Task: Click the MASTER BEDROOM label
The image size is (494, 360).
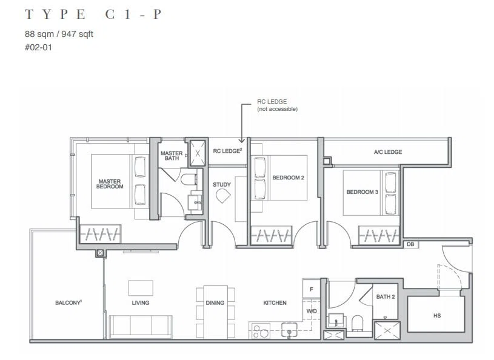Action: [x=110, y=184]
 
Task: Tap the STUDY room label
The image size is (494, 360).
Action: [x=222, y=185]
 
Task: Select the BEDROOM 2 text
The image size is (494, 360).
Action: [x=289, y=178]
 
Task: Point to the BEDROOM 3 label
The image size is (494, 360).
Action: [x=362, y=192]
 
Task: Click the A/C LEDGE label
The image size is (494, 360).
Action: [x=388, y=152]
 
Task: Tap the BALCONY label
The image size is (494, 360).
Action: [x=68, y=302]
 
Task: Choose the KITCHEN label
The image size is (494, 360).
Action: [x=275, y=302]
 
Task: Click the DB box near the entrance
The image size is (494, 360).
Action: [x=410, y=244]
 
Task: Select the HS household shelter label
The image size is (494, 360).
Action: [x=437, y=316]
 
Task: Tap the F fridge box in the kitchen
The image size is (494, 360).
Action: [x=312, y=289]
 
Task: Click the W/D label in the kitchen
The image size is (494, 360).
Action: [x=312, y=311]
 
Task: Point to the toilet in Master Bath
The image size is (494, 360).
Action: [x=189, y=180]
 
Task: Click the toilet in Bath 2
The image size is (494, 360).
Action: [x=358, y=323]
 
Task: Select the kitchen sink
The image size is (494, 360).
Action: [x=289, y=330]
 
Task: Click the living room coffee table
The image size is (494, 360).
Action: [x=141, y=288]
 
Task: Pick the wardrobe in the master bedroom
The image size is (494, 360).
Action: [x=100, y=235]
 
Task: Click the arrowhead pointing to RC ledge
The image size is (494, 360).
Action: [x=241, y=141]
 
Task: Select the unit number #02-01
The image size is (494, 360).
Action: [x=38, y=47]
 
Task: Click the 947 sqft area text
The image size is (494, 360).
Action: [x=77, y=34]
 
